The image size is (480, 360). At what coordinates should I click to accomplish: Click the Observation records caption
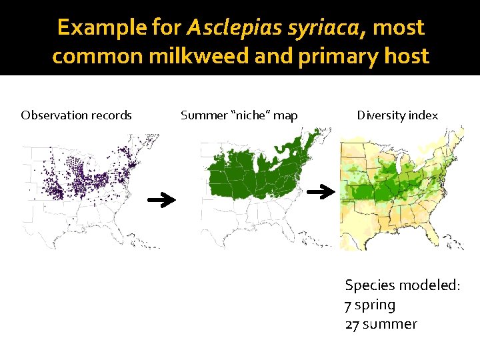tap(76, 115)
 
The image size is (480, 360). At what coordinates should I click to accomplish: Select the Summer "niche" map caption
tap(239, 115)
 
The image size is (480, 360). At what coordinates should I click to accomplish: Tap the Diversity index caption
tap(397, 115)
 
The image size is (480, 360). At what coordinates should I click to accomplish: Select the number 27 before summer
tap(353, 325)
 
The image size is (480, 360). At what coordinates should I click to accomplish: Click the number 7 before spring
tap(348, 305)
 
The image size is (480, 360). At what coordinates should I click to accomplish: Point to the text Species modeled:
tap(402, 285)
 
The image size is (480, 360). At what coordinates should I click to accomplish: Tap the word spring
tap(375, 305)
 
